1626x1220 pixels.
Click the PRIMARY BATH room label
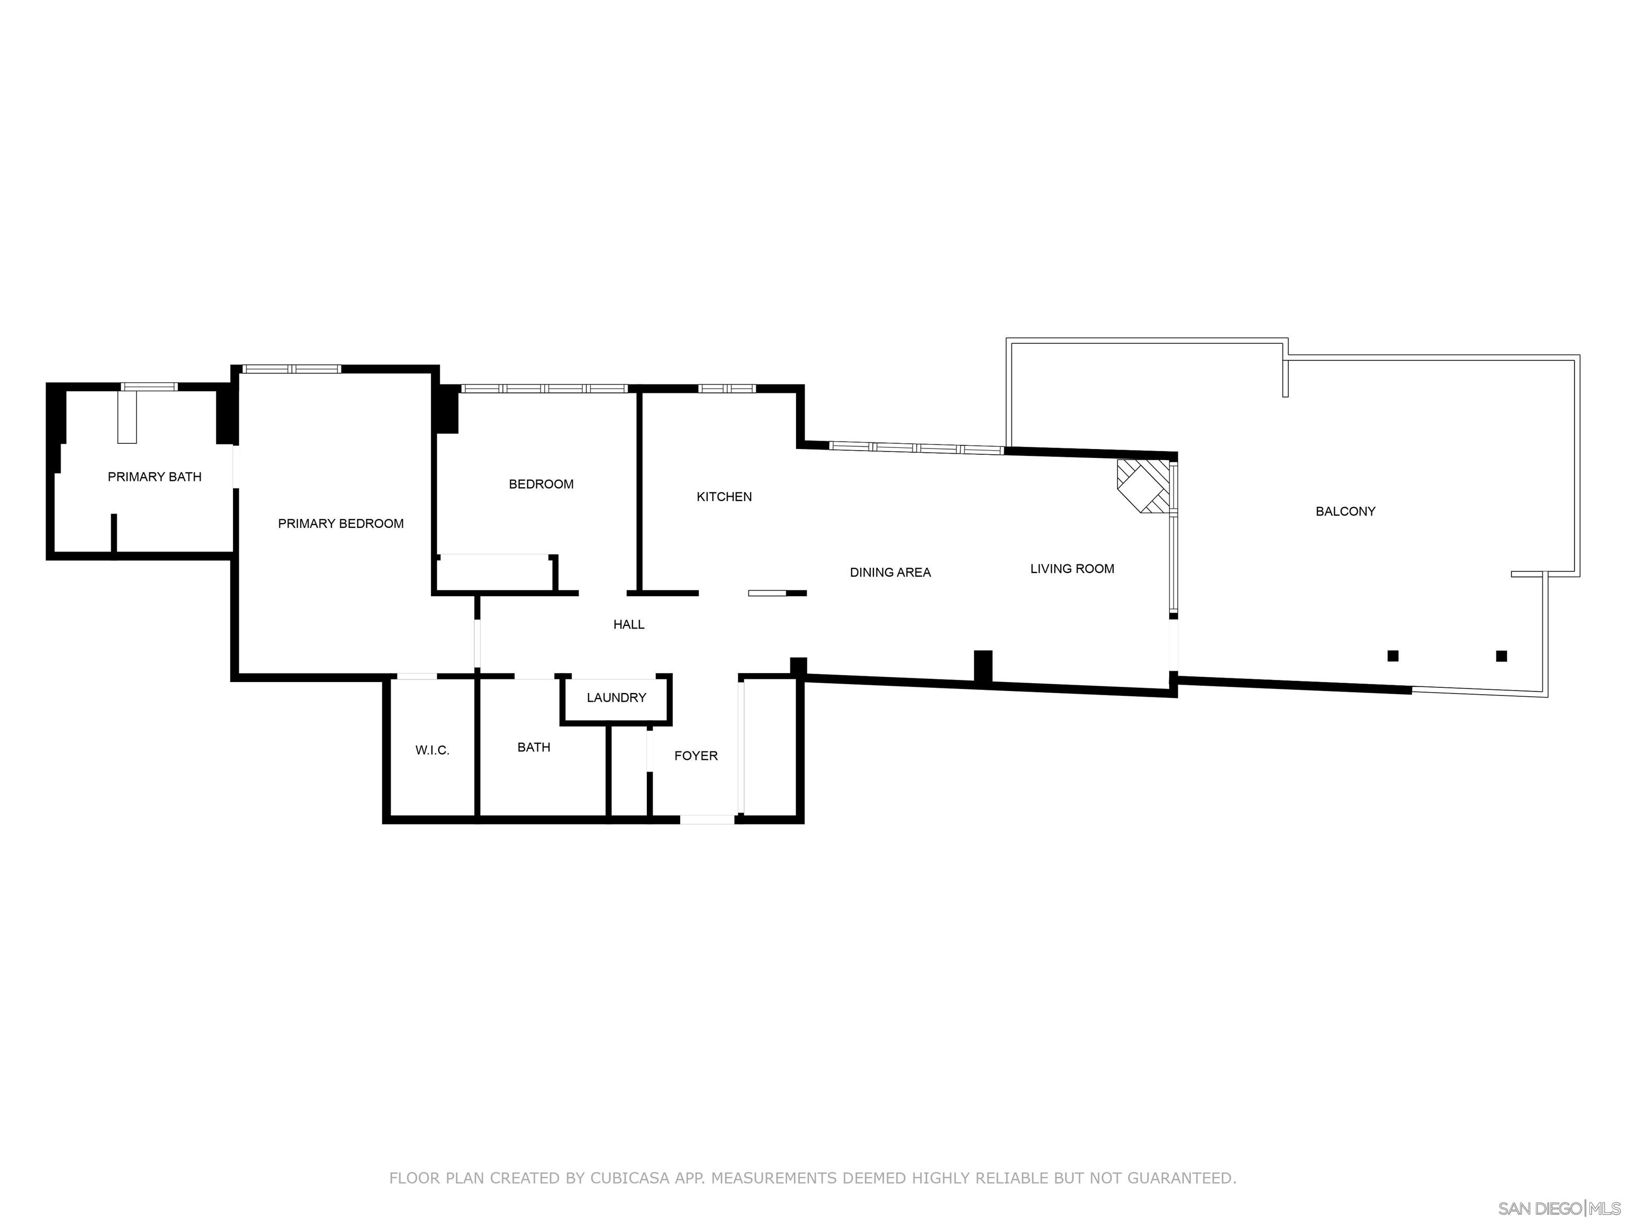pos(155,477)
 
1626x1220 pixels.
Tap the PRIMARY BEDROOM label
pos(340,524)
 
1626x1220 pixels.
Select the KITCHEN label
pos(724,496)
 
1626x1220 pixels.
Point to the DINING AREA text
pos(890,572)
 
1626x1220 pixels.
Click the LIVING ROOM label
pos(1072,569)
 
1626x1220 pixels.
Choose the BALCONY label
pos(1345,511)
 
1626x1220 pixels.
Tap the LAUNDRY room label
pos(616,697)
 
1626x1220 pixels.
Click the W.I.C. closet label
pos(432,750)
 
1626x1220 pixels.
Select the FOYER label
pos(695,755)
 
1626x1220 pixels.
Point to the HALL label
pos(628,624)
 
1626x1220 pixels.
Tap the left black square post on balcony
pos(1392,656)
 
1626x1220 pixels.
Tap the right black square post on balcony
pos(1501,656)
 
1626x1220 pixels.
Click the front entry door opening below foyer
pos(707,819)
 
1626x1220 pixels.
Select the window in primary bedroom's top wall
pos(292,369)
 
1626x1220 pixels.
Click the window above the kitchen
pos(726,388)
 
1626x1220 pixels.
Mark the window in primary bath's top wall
pos(149,387)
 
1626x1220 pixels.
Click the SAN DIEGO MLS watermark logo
pos(1558,1208)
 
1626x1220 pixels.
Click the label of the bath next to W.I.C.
pos(534,747)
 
